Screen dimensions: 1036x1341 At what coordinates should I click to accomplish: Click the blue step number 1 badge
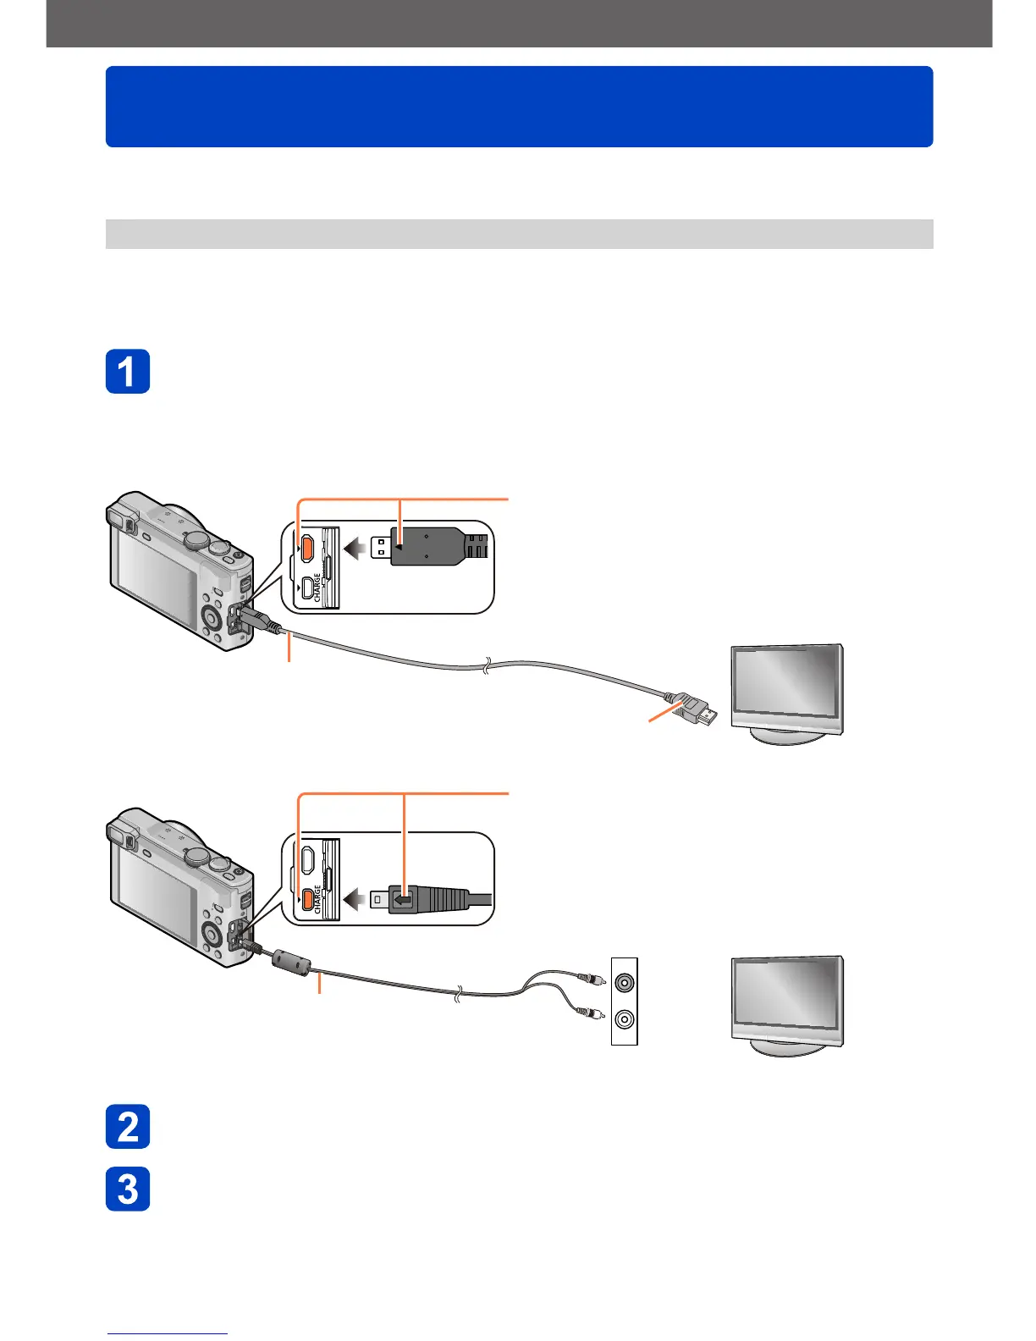[x=128, y=371]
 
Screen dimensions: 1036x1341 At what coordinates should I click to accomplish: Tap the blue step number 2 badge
[x=128, y=1127]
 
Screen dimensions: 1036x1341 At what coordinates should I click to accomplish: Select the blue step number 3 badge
[x=128, y=1189]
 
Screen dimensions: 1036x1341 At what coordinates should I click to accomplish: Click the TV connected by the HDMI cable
[x=787, y=690]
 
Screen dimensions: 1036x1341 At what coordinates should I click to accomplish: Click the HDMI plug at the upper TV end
[x=697, y=710]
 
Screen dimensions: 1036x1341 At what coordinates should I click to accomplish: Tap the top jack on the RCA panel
[x=625, y=983]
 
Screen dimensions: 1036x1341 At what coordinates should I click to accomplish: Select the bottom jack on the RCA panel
[x=625, y=1019]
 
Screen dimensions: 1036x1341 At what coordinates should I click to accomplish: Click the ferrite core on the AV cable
[x=292, y=961]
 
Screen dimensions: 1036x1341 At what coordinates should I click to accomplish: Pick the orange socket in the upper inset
[x=308, y=549]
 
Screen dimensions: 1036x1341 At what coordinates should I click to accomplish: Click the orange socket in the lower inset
[x=308, y=898]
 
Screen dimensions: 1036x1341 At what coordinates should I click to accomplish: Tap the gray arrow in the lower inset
[x=355, y=899]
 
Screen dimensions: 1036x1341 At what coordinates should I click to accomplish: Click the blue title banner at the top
[x=519, y=107]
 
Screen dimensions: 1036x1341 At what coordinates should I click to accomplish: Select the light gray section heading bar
[x=519, y=234]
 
